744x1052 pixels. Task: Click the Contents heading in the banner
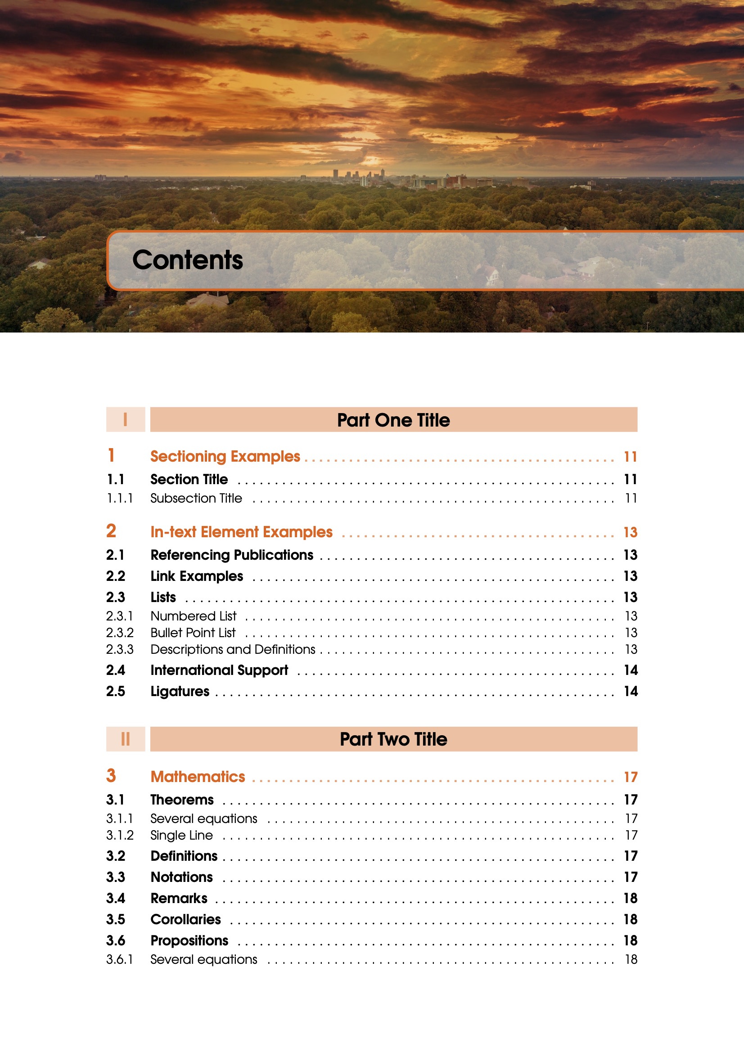point(188,260)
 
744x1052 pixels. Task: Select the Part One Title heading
point(393,420)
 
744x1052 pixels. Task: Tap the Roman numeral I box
point(125,419)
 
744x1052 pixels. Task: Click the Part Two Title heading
point(393,739)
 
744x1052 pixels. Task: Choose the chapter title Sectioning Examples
point(225,456)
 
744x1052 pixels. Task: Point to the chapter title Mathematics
point(198,777)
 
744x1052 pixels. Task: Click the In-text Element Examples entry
point(241,532)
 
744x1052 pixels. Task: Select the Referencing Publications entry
point(232,555)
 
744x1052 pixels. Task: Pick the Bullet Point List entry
point(193,633)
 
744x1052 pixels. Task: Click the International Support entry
point(219,670)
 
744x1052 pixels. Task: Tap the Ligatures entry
point(180,692)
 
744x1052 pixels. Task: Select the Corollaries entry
point(185,919)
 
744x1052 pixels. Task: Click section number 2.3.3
point(120,649)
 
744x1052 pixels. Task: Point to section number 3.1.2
point(120,835)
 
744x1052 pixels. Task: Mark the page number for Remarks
point(630,898)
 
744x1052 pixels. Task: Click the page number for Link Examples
point(630,576)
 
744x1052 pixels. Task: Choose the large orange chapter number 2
point(111,531)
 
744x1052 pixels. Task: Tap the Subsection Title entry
point(196,498)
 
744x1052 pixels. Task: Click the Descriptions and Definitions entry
point(233,649)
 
